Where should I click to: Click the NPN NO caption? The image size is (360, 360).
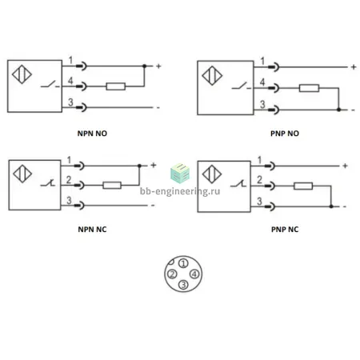click(x=92, y=134)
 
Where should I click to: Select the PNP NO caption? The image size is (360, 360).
click(x=285, y=134)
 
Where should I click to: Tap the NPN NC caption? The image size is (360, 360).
click(x=92, y=230)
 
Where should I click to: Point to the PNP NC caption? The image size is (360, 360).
click(x=285, y=230)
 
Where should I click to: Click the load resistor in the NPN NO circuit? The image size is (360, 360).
click(x=115, y=86)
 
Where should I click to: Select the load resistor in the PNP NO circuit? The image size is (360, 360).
click(x=309, y=88)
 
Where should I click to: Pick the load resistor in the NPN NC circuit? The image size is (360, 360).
click(x=112, y=185)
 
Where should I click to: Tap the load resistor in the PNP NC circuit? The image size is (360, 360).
click(x=303, y=186)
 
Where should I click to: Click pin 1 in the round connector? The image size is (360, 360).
click(x=183, y=263)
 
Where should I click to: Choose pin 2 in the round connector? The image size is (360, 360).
click(x=172, y=274)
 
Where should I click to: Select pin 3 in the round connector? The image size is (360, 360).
click(x=183, y=285)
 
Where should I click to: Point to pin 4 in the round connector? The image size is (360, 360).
click(x=194, y=274)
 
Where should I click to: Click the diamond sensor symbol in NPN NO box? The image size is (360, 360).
click(x=22, y=74)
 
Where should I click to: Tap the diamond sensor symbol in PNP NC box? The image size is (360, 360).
click(x=212, y=174)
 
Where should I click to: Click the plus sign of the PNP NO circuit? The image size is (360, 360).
click(x=354, y=67)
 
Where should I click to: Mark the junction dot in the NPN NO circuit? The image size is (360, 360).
click(x=144, y=66)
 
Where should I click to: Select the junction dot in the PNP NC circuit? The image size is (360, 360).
click(x=331, y=206)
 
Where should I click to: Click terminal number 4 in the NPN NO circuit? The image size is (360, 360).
click(x=70, y=81)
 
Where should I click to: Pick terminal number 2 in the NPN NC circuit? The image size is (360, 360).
click(x=69, y=180)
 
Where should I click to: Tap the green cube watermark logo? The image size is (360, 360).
click(x=180, y=174)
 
